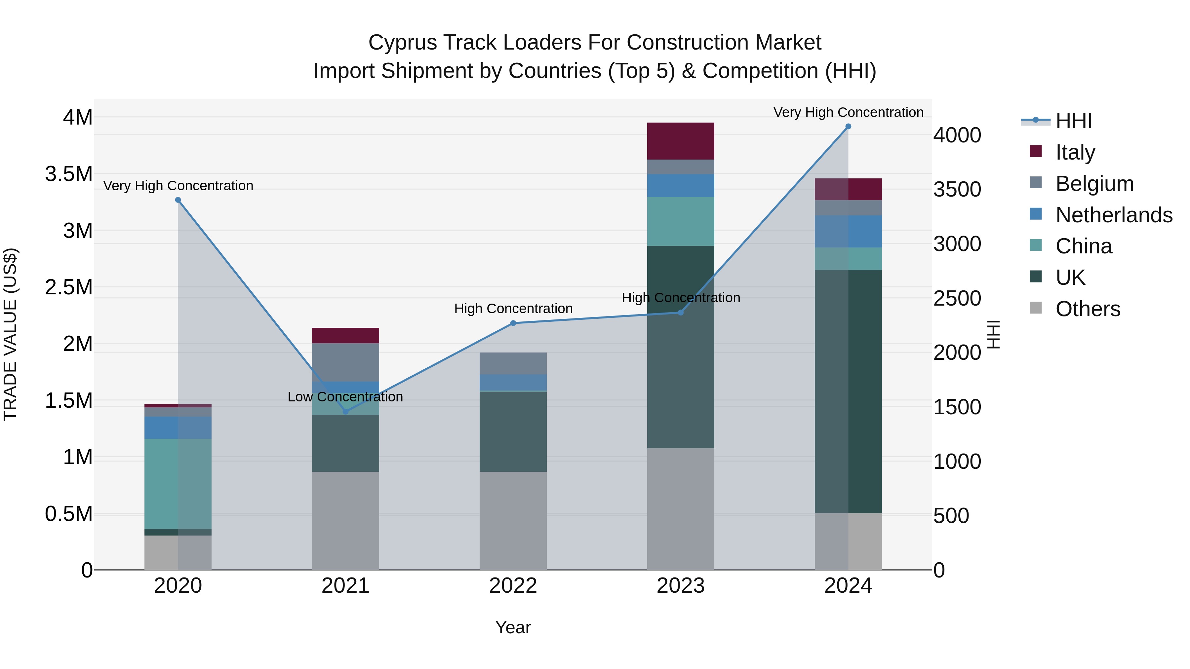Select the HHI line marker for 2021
(345, 411)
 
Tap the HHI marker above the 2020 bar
(178, 200)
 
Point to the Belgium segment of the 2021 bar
(345, 362)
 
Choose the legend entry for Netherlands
(1114, 215)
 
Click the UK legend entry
(1070, 278)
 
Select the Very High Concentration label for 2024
(848, 112)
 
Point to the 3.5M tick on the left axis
(69, 174)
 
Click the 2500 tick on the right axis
(957, 298)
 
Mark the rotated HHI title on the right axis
(993, 334)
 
